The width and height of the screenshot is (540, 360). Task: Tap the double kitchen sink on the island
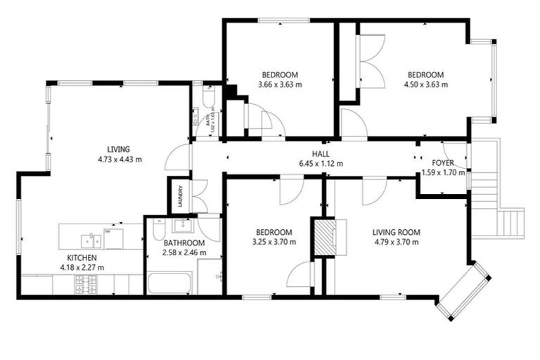pyautogui.click(x=91, y=241)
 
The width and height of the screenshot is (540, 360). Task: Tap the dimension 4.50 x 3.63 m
pyautogui.click(x=426, y=84)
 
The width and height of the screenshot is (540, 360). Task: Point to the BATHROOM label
pyautogui.click(x=184, y=243)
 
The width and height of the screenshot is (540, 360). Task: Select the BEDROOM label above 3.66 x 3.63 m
pyautogui.click(x=280, y=75)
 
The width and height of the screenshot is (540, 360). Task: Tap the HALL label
pyautogui.click(x=321, y=153)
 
